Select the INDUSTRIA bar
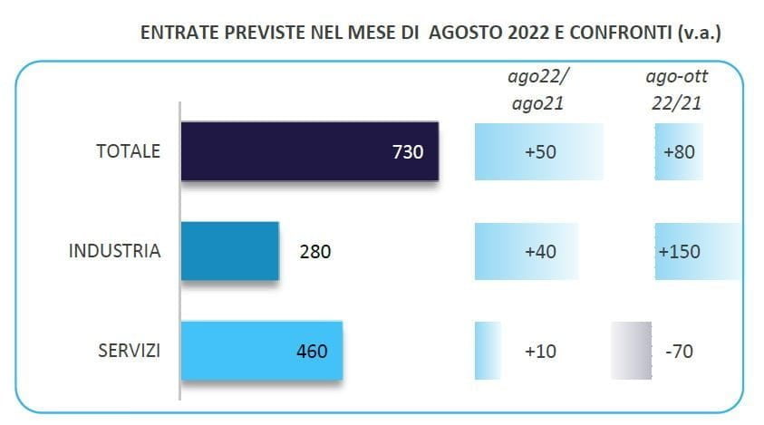[230, 250]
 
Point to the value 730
[408, 151]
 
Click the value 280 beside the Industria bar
[315, 251]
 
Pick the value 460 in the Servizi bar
[311, 350]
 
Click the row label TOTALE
[128, 151]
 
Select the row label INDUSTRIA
[115, 251]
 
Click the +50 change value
[540, 151]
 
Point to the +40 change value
[540, 251]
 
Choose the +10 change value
[540, 350]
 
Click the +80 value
[679, 151]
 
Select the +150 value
[679, 251]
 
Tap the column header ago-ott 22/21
[679, 90]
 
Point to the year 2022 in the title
[527, 33]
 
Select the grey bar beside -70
[630, 350]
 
